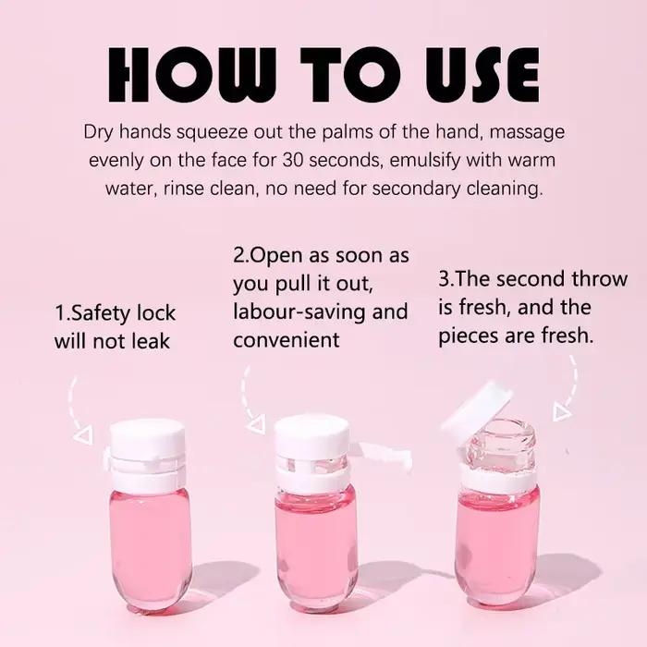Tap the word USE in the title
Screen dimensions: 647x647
(482, 74)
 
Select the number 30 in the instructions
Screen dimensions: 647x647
(293, 160)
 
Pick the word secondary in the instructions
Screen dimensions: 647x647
(416, 189)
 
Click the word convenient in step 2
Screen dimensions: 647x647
(287, 340)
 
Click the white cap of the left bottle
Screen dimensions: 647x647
(147, 440)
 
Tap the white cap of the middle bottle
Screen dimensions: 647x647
(312, 434)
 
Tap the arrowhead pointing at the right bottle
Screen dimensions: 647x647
(562, 412)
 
